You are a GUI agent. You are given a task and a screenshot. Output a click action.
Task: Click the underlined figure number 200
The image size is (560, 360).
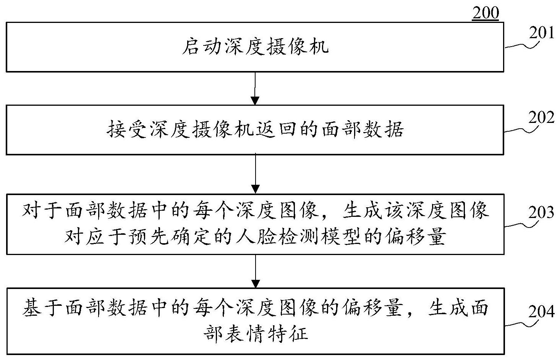click(486, 13)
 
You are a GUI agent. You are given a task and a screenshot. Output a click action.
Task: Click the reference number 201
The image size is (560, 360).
click(541, 33)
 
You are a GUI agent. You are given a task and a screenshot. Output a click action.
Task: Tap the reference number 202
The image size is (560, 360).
click(541, 117)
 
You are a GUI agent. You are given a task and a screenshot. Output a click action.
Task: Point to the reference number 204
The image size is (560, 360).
click(541, 311)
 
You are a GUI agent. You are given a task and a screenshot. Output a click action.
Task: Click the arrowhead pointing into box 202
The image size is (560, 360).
click(255, 101)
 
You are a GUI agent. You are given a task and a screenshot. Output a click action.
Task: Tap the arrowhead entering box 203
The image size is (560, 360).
click(255, 189)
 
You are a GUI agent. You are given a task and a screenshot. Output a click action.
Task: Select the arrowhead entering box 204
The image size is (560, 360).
click(255, 284)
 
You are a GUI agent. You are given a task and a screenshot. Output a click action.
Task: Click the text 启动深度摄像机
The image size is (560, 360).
click(255, 47)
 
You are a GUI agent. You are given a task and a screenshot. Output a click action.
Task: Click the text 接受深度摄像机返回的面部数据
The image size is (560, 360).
click(255, 129)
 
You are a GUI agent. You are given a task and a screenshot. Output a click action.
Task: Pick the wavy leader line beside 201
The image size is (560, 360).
click(522, 45)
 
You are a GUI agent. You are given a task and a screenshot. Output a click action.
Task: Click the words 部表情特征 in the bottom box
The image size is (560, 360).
click(256, 334)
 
